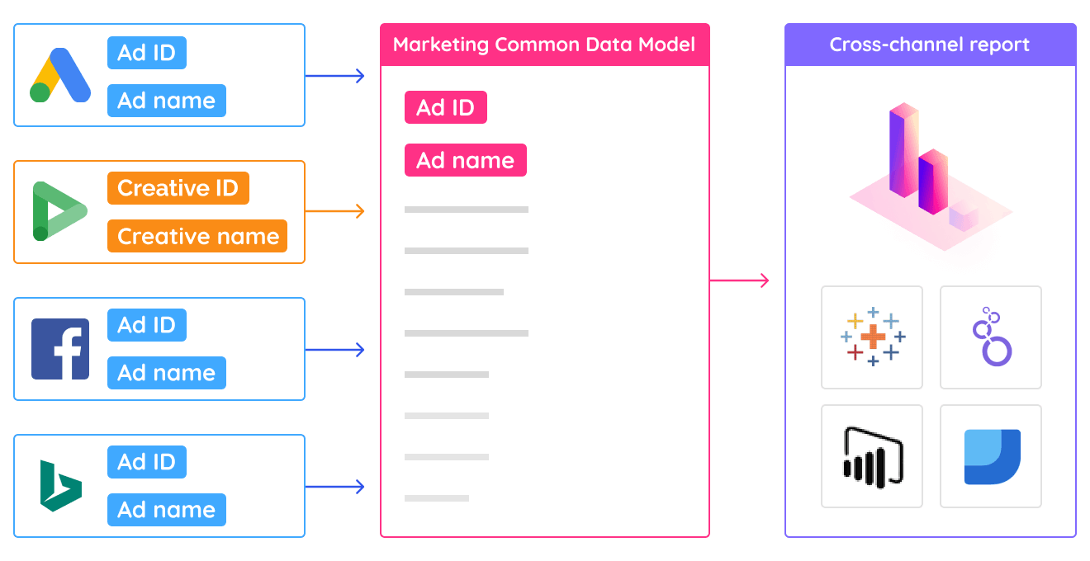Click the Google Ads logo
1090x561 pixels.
[x=60, y=75]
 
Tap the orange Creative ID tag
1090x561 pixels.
[x=178, y=188]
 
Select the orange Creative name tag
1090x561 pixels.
[x=197, y=236]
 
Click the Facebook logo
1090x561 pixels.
[x=60, y=349]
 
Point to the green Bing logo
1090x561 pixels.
[x=60, y=486]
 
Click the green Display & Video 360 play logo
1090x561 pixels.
[x=59, y=212]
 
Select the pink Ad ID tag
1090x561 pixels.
[x=445, y=107]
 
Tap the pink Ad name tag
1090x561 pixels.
[x=465, y=160]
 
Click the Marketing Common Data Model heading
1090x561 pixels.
[x=544, y=45]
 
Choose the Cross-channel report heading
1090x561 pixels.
[x=929, y=45]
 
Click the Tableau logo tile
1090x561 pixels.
[x=872, y=337]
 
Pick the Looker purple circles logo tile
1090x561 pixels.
[x=990, y=337]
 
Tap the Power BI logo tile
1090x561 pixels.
[x=872, y=455]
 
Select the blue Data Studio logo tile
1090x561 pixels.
[x=990, y=455]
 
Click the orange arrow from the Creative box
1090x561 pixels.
[x=335, y=212]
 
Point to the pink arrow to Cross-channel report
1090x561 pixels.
[x=740, y=280]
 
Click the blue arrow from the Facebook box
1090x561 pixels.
[x=335, y=350]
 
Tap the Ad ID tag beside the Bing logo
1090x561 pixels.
[x=147, y=462]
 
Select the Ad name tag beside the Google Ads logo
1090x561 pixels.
[x=166, y=101]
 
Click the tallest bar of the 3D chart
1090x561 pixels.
[x=903, y=148]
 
